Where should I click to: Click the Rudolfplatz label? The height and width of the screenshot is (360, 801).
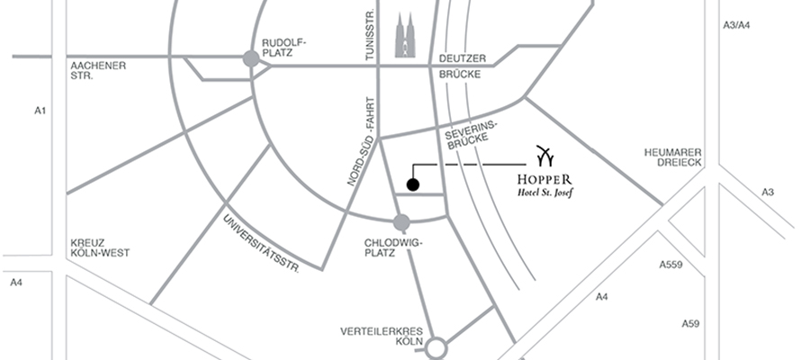pos(284,48)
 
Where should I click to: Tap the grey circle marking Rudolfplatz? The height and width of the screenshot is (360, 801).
pos(251,58)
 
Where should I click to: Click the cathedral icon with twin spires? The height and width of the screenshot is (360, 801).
pos(407,35)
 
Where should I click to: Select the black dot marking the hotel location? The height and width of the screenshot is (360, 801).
pos(412,185)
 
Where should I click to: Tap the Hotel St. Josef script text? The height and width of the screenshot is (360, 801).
pos(544,192)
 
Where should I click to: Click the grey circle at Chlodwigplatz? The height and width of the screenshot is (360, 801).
pos(401,221)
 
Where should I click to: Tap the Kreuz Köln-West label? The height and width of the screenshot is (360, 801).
pos(99,247)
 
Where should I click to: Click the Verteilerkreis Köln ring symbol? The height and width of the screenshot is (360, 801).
pos(437,346)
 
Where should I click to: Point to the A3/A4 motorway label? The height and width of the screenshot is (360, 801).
pos(736,26)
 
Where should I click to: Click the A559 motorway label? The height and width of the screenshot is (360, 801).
pos(671,265)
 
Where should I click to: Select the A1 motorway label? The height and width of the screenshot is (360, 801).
pos(40,111)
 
